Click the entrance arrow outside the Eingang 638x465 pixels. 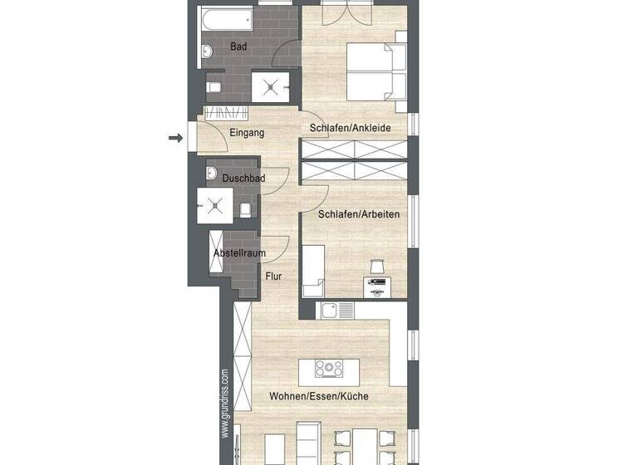(175, 138)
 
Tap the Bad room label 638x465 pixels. (238, 46)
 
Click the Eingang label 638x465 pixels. (247, 132)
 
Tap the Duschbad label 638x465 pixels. (243, 179)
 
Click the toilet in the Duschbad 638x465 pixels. (245, 208)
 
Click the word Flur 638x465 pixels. (274, 277)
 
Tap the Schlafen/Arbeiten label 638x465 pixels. (359, 214)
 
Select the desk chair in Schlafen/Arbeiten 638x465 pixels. (375, 266)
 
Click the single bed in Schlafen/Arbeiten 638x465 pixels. (313, 271)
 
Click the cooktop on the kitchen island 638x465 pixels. (329, 366)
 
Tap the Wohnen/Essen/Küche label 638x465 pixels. (318, 396)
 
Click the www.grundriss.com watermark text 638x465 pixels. (224, 403)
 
